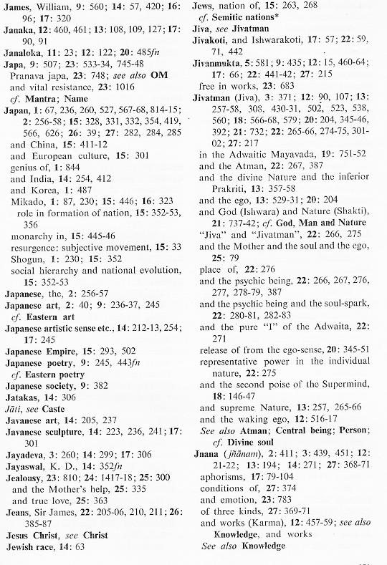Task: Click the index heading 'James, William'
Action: [34, 6]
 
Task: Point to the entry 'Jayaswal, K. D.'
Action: [41, 488]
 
